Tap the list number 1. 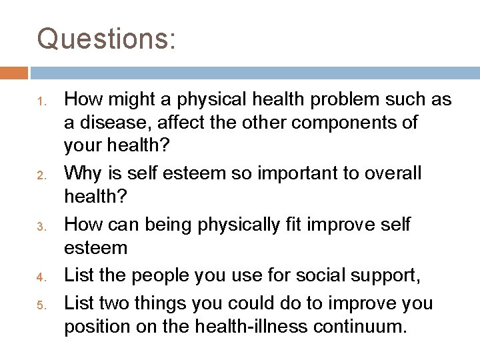click(41, 102)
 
